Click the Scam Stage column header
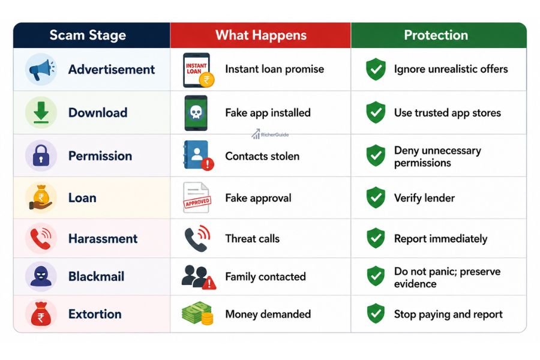tap(88, 35)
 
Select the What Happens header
tap(261, 35)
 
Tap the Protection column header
tap(436, 35)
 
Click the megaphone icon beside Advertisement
tap(41, 70)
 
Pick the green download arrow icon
tap(41, 112)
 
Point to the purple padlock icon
tap(41, 156)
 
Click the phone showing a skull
tap(196, 113)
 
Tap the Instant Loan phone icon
tap(199, 70)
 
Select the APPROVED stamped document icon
tap(197, 198)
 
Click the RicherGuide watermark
tap(270, 134)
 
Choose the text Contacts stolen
tap(262, 157)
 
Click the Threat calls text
tap(253, 239)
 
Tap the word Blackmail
tap(97, 276)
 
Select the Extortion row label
tap(95, 314)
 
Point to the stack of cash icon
tap(197, 313)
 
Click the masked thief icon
tap(41, 276)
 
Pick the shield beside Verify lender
tap(376, 198)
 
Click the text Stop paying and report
tap(448, 314)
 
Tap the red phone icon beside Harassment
tap(41, 238)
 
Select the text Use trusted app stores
tap(448, 113)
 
